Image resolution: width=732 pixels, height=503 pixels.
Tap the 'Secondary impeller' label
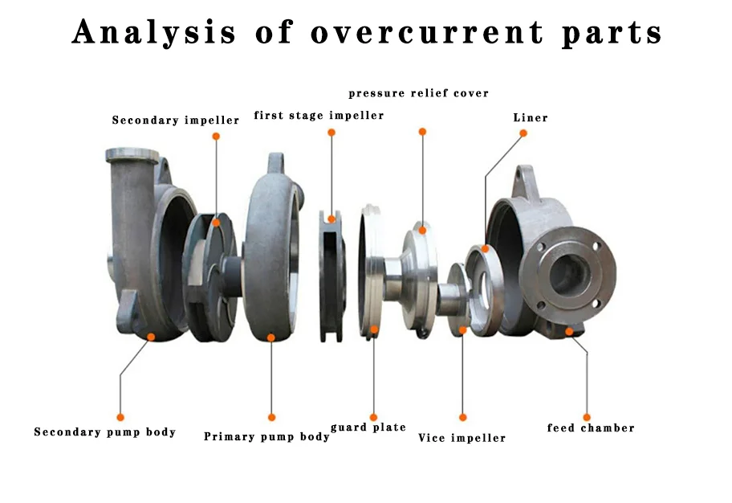[175, 121]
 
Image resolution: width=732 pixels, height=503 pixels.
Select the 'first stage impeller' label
[319, 116]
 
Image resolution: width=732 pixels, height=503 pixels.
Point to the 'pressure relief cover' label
[418, 94]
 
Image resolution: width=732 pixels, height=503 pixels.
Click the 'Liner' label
[531, 118]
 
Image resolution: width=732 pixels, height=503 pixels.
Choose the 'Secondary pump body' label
[104, 432]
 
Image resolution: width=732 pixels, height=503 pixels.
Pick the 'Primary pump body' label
[266, 437]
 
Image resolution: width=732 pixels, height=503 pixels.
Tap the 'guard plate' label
[368, 427]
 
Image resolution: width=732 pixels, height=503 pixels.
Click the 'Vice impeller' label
[462, 438]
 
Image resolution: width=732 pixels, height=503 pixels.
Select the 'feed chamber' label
[591, 428]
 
